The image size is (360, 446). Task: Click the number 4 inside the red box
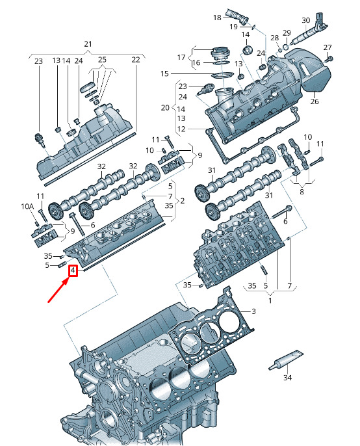coord(73,270)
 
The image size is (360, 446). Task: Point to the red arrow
coord(58,290)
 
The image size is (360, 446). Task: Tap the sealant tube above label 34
coord(286,361)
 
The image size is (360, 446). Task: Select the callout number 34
coord(287,378)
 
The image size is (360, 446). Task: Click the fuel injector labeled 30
coord(309,30)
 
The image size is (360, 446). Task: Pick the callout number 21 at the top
coord(88,44)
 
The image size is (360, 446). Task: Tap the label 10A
coord(27,206)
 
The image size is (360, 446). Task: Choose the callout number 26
coord(315,101)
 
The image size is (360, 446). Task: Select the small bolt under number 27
coord(329,59)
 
